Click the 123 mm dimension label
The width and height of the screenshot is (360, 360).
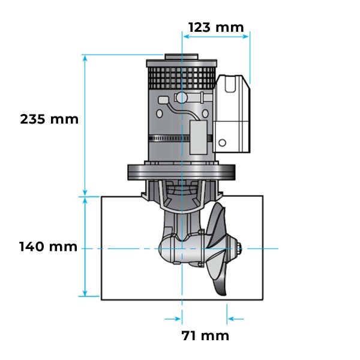coord(216,27)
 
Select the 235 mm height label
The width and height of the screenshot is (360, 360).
coord(49,119)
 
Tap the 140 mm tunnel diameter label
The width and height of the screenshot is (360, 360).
coord(48,247)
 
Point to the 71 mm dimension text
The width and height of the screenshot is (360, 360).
coord(205,335)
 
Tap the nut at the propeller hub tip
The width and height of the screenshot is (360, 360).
coord(239,248)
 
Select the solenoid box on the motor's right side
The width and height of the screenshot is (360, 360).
coord(233,114)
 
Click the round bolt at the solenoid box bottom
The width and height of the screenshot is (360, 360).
coord(222,143)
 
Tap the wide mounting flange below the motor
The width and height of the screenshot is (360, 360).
coord(181,172)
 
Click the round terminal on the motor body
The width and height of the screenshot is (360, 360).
coord(179,98)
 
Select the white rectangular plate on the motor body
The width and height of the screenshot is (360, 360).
coord(198,133)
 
